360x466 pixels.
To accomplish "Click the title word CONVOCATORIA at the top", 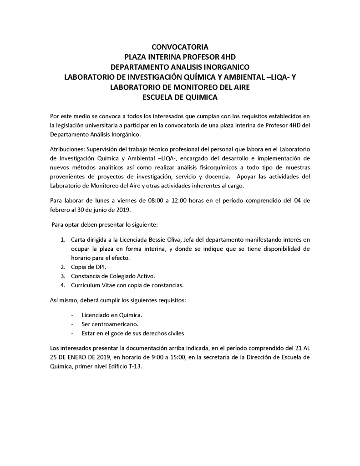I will coord(180,47).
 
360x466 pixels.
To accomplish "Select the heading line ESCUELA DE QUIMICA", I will coord(180,97).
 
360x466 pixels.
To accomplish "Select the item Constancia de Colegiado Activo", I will coord(113,276).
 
